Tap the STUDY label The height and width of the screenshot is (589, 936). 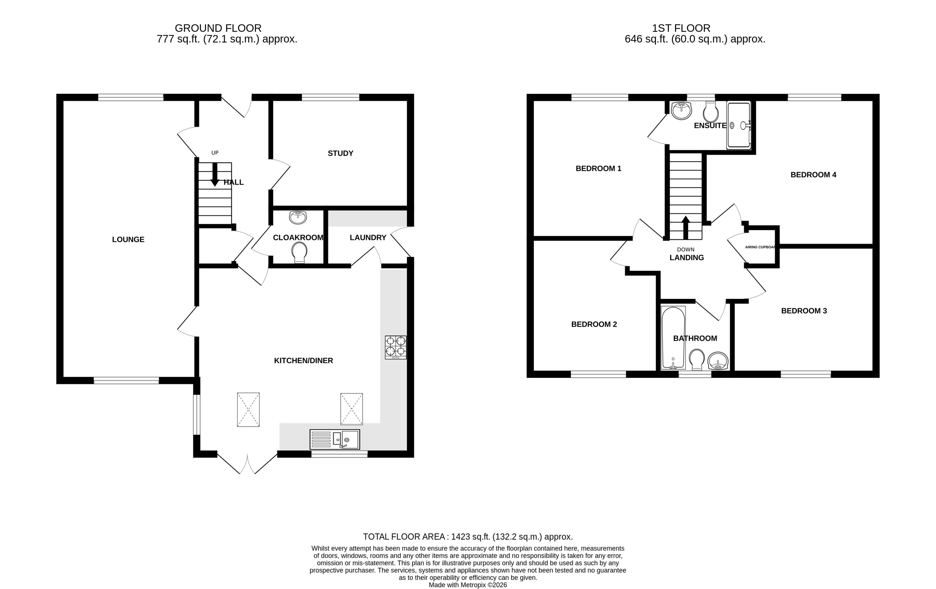340,153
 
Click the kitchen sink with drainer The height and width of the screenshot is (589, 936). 334,439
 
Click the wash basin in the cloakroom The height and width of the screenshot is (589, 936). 298,217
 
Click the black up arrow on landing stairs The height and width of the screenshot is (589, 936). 685,228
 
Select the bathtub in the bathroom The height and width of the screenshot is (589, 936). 673,337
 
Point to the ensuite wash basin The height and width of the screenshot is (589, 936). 681,111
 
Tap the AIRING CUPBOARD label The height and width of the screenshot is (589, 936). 760,247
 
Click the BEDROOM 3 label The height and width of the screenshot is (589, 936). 804,311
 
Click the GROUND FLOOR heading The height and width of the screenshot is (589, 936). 218,28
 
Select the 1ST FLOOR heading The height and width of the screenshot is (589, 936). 681,28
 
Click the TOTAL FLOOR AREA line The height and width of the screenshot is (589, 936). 468,537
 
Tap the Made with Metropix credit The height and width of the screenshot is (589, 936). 468,585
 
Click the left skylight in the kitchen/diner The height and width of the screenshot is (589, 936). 248,409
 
